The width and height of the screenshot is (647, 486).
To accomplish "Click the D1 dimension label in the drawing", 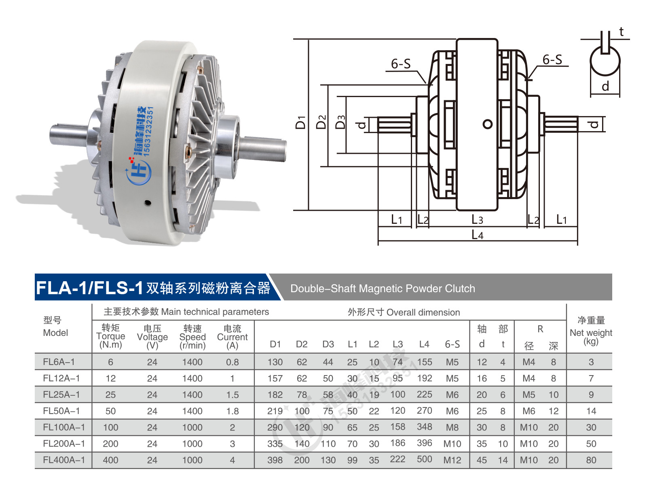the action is point(300,122).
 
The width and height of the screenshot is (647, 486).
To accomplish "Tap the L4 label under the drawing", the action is point(477,235).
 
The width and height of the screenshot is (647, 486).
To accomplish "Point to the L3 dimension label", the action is point(477,219).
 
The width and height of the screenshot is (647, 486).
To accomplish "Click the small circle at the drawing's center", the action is point(488,124).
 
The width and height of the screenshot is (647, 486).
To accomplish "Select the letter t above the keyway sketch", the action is point(622,32).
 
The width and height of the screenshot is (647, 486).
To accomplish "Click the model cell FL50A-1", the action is point(61,411).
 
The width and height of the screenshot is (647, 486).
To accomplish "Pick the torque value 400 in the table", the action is point(110,460).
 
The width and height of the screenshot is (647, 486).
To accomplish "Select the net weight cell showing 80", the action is point(591,460).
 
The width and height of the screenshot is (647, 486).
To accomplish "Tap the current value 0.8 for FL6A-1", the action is point(232,362).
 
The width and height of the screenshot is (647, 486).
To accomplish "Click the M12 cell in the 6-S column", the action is point(452,460).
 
